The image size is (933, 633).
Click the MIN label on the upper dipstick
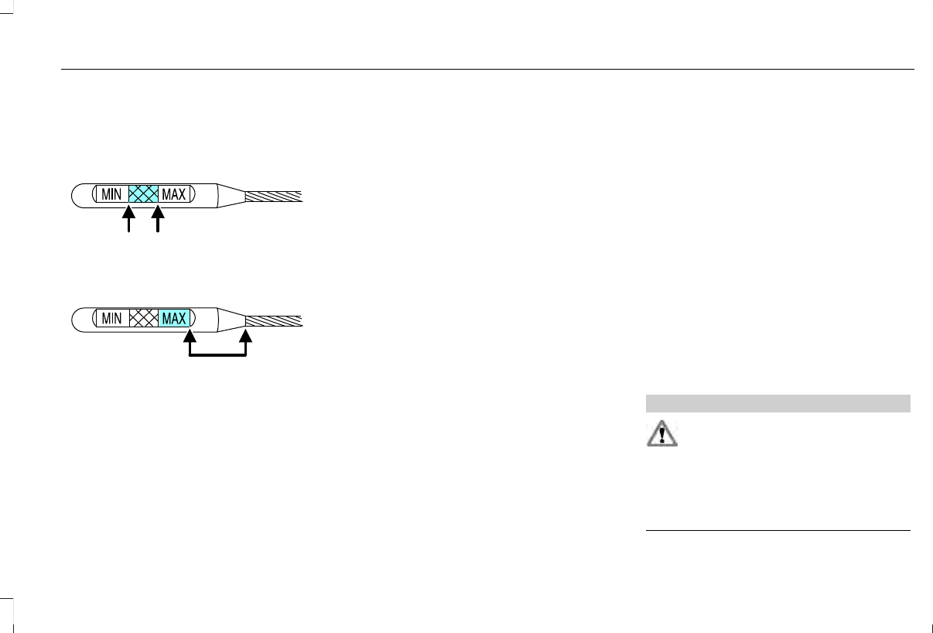(x=111, y=194)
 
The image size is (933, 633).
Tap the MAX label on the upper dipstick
(x=173, y=194)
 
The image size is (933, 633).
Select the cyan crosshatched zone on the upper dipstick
(x=143, y=194)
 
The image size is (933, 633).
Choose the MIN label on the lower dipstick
(x=111, y=318)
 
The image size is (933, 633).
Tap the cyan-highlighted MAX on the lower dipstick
(x=174, y=318)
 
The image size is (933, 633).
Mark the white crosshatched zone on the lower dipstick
(x=143, y=318)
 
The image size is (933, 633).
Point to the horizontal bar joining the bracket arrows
(x=217, y=356)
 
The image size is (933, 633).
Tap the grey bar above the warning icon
(x=777, y=403)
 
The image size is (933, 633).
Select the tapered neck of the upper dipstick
(x=231, y=195)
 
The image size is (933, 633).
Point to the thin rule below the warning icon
(x=777, y=531)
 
